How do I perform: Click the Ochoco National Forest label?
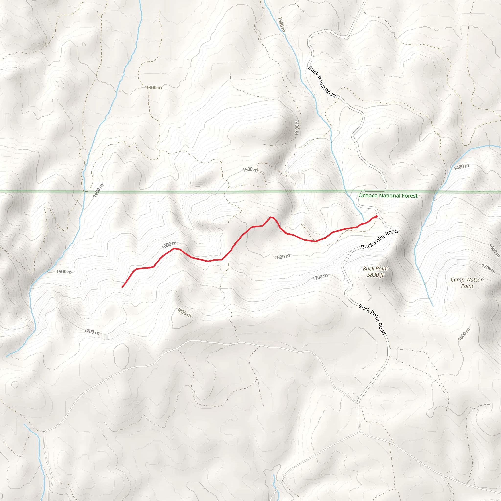388,196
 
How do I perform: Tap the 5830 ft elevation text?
375,275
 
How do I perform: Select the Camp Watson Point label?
467,283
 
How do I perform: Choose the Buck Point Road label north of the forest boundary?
322,81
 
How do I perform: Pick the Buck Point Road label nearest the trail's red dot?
379,239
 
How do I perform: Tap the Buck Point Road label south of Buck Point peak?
372,319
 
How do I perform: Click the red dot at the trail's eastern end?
376,216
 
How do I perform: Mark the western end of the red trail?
122,287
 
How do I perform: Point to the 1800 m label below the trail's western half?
184,312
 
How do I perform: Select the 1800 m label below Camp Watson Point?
464,334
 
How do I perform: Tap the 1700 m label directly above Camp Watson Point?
489,269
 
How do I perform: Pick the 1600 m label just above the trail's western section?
169,245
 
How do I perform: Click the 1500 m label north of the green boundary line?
250,170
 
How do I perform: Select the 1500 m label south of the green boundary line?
64,272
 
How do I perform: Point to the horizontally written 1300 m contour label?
154,88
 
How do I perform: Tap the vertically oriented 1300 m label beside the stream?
281,24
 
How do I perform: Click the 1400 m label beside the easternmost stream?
461,167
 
